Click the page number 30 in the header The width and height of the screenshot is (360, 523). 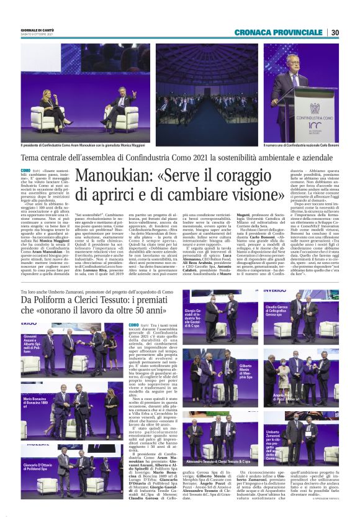pos(335,32)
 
